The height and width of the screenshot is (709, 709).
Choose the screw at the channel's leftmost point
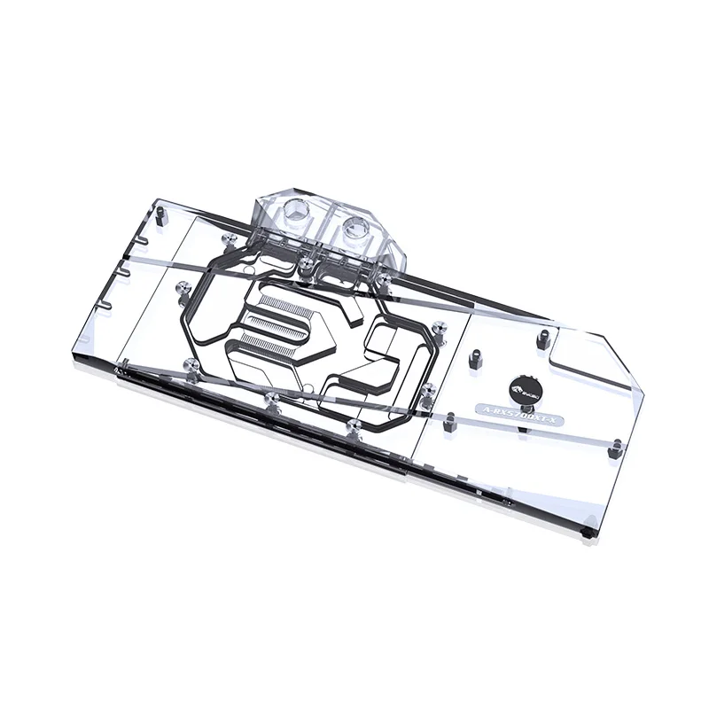(184, 286)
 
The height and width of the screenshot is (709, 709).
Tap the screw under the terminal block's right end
(385, 280)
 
